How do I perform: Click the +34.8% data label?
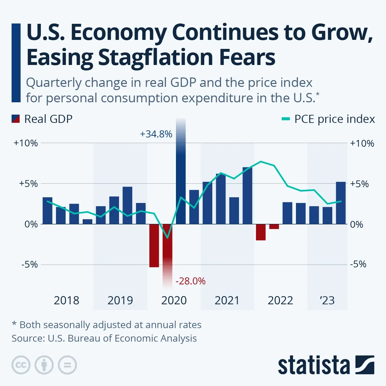pyautogui.click(x=156, y=134)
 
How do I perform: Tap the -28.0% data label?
pyautogui.click(x=190, y=281)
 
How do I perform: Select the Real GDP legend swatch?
pyautogui.click(x=16, y=119)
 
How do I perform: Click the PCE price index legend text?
pyautogui.click(x=334, y=119)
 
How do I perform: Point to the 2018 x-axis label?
pyautogui.click(x=66, y=300)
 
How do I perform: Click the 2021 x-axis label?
pyautogui.click(x=227, y=300)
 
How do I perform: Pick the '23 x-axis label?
pyautogui.click(x=327, y=300)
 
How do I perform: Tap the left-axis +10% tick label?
pyautogui.click(x=25, y=143)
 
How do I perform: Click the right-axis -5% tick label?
pyautogui.click(x=358, y=264)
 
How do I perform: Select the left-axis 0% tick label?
pyautogui.click(x=31, y=224)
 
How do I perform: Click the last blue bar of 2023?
pyautogui.click(x=341, y=203)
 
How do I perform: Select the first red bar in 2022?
pyautogui.click(x=261, y=232)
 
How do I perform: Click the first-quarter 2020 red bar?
pyautogui.click(x=154, y=245)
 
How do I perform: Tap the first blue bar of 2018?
pyautogui.click(x=47, y=211)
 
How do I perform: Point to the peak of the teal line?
pyautogui.click(x=261, y=161)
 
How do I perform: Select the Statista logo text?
pyautogui.click(x=314, y=365)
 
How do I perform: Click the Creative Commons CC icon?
pyautogui.click(x=21, y=365)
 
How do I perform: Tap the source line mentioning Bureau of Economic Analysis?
pyautogui.click(x=104, y=338)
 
